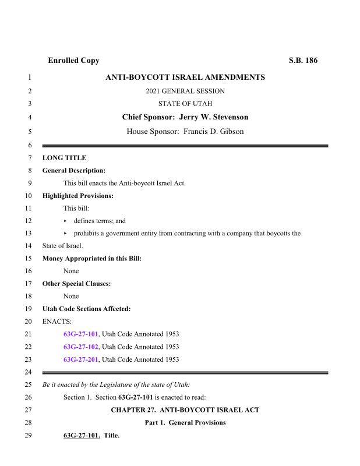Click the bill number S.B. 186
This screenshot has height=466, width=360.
coord(303,61)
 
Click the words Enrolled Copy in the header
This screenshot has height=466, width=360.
coord(73,61)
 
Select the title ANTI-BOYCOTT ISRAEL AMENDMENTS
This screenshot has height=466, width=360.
coord(185,77)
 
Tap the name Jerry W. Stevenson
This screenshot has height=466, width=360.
coord(218,117)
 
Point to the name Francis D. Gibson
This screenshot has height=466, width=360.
coord(213,132)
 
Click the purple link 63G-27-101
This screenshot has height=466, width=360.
coord(81,334)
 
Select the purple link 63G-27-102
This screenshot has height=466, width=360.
coord(81,347)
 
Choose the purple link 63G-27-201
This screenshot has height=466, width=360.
coord(81,359)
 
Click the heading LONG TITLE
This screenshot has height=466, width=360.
coord(65,158)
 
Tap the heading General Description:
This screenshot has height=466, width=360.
coord(74,171)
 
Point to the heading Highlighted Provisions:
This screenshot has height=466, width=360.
coord(78,196)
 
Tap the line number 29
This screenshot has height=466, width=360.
coord(29,435)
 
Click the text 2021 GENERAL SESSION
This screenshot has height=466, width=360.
coord(185,91)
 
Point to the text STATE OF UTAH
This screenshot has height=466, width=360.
coord(185,104)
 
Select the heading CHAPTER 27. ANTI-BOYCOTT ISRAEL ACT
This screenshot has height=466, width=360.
coord(185,410)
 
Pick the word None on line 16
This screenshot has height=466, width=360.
coord(71,271)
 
